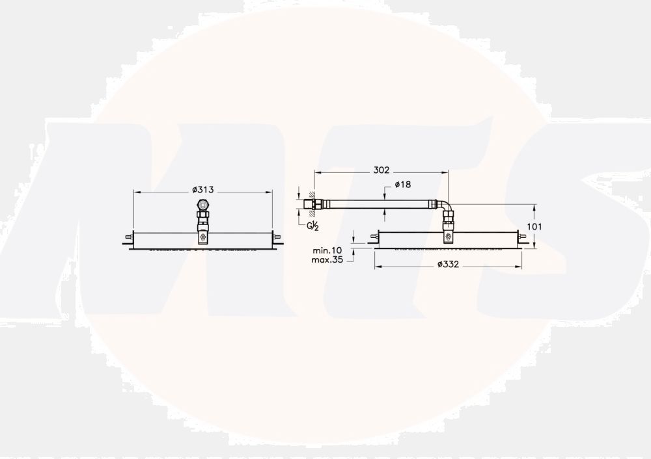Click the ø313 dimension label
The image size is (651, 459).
[x=203, y=190]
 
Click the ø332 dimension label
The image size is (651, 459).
[x=449, y=264]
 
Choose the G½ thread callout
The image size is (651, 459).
[x=312, y=226]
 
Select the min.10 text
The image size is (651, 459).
[x=327, y=250]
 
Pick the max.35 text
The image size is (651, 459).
[x=327, y=259]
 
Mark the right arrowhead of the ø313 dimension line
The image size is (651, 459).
[x=270, y=192]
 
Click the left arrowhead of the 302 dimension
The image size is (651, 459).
[x=316, y=172]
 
